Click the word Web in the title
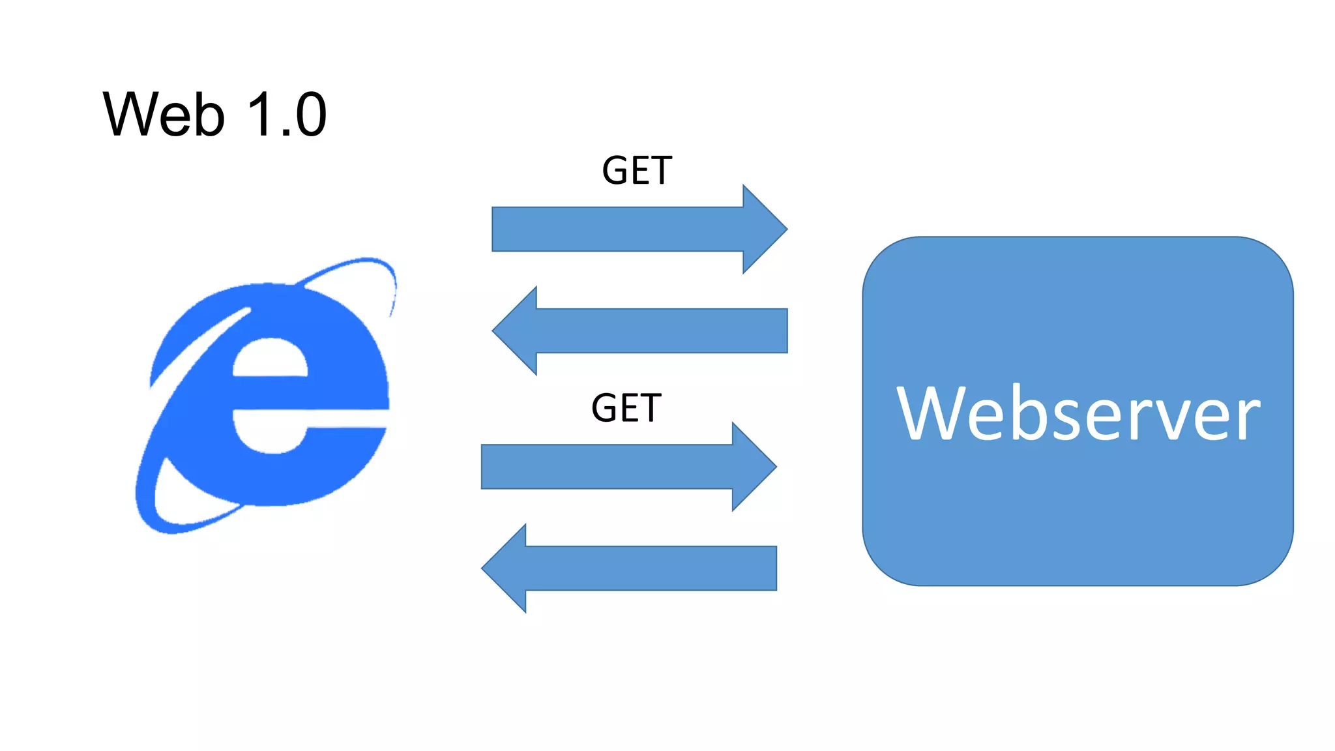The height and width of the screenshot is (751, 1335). (164, 115)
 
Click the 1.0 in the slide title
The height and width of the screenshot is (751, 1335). (287, 115)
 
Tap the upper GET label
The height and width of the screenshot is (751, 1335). (636, 171)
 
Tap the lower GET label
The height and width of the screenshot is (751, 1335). (626, 408)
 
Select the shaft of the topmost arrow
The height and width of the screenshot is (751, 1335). (616, 229)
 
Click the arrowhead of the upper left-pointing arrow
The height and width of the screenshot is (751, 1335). (516, 331)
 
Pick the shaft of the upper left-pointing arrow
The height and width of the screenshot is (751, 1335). (662, 331)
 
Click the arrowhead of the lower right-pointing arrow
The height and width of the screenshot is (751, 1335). (753, 467)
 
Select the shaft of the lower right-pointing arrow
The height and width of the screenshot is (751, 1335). (606, 467)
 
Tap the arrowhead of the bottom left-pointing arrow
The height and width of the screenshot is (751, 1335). (505, 568)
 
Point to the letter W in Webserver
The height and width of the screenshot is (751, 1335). (930, 413)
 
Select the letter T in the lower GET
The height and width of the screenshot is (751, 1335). (650, 408)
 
